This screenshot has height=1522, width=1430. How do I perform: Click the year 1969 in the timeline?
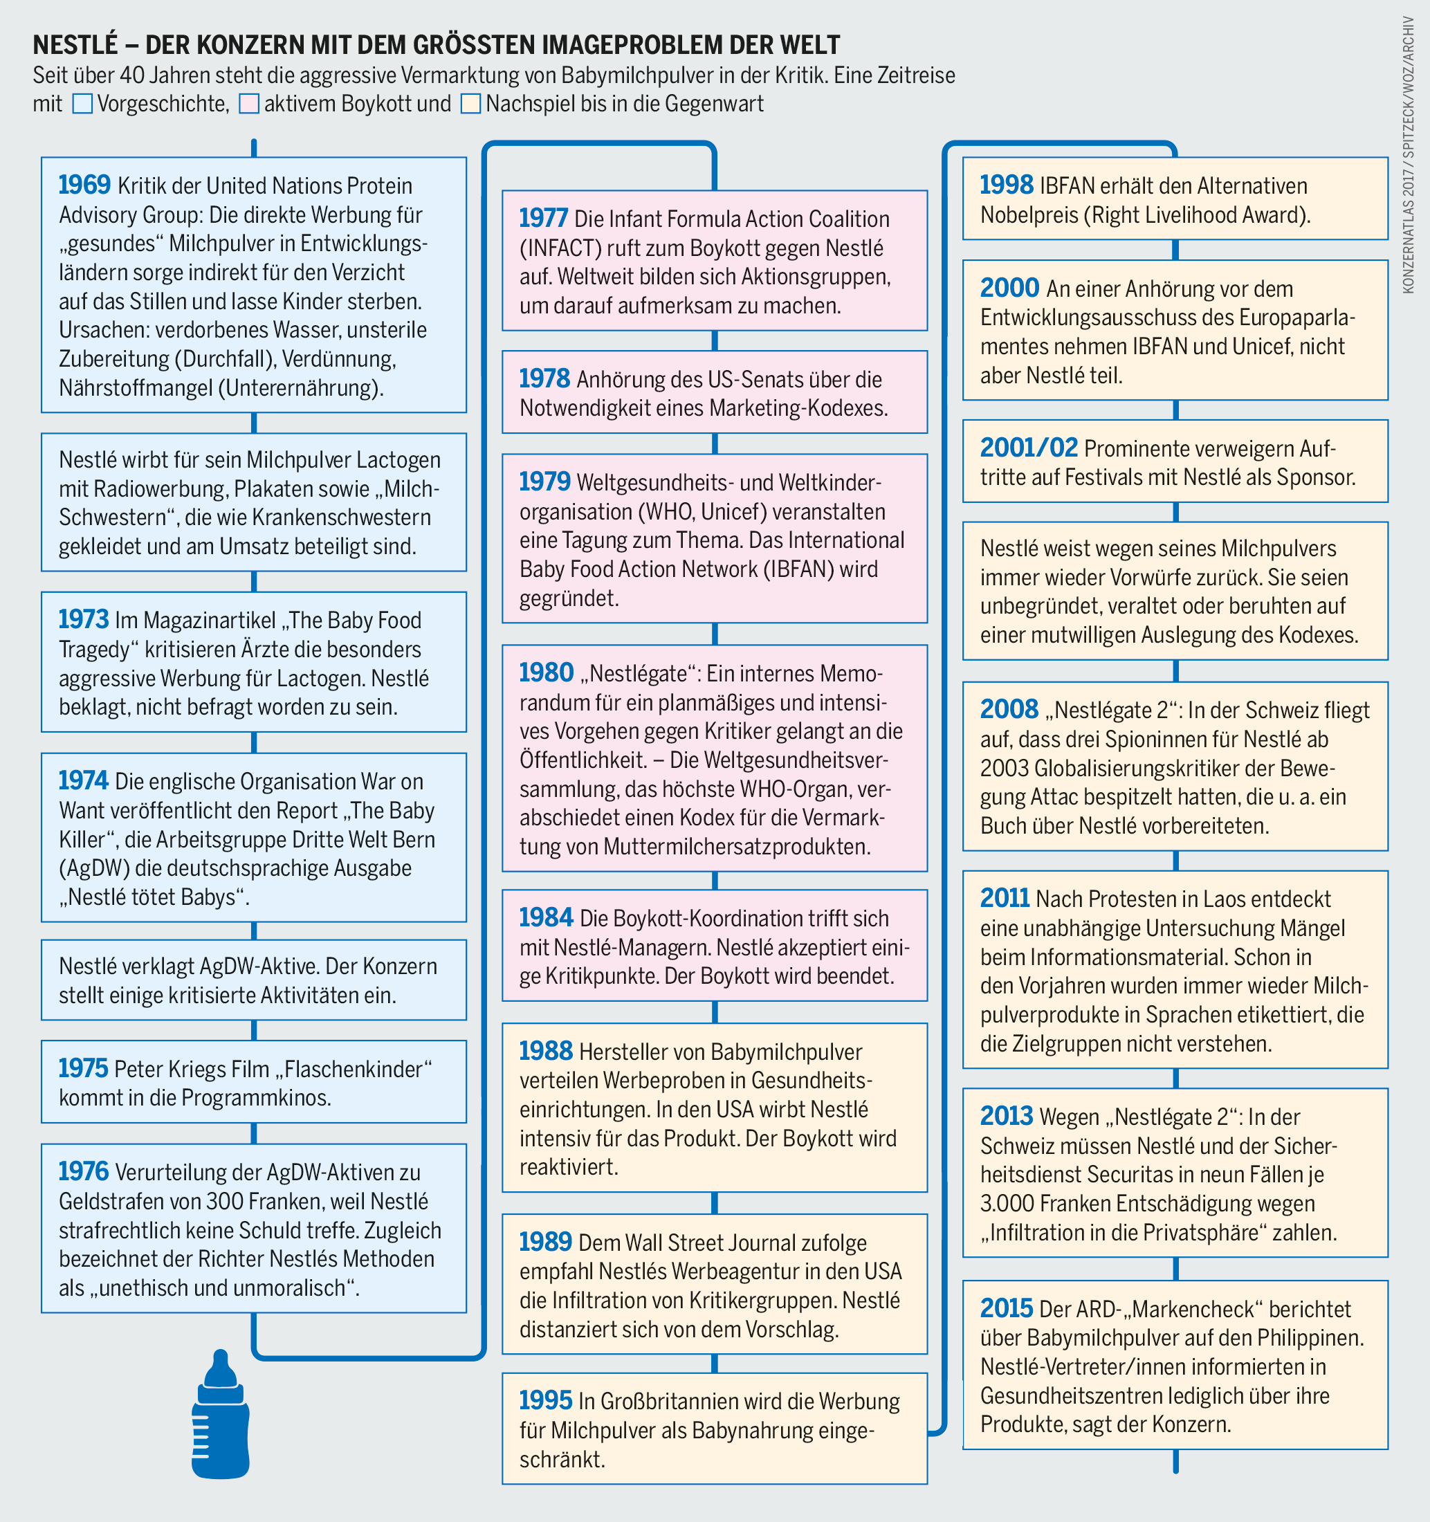[x=84, y=185]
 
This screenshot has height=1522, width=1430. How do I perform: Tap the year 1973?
[x=84, y=619]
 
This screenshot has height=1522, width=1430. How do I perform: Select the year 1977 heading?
[x=544, y=218]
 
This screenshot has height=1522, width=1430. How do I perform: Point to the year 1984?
[x=546, y=917]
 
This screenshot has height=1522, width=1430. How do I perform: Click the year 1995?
[x=545, y=1400]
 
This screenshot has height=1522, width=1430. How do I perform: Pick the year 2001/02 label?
[x=1028, y=447]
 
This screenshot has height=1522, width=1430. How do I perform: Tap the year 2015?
[x=1006, y=1308]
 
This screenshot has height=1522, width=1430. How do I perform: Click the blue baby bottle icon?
[x=221, y=1414]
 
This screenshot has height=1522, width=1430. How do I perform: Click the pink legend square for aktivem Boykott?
[x=249, y=104]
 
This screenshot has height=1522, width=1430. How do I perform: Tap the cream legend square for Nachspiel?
[x=471, y=104]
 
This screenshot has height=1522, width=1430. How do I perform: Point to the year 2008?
[x=1009, y=710]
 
